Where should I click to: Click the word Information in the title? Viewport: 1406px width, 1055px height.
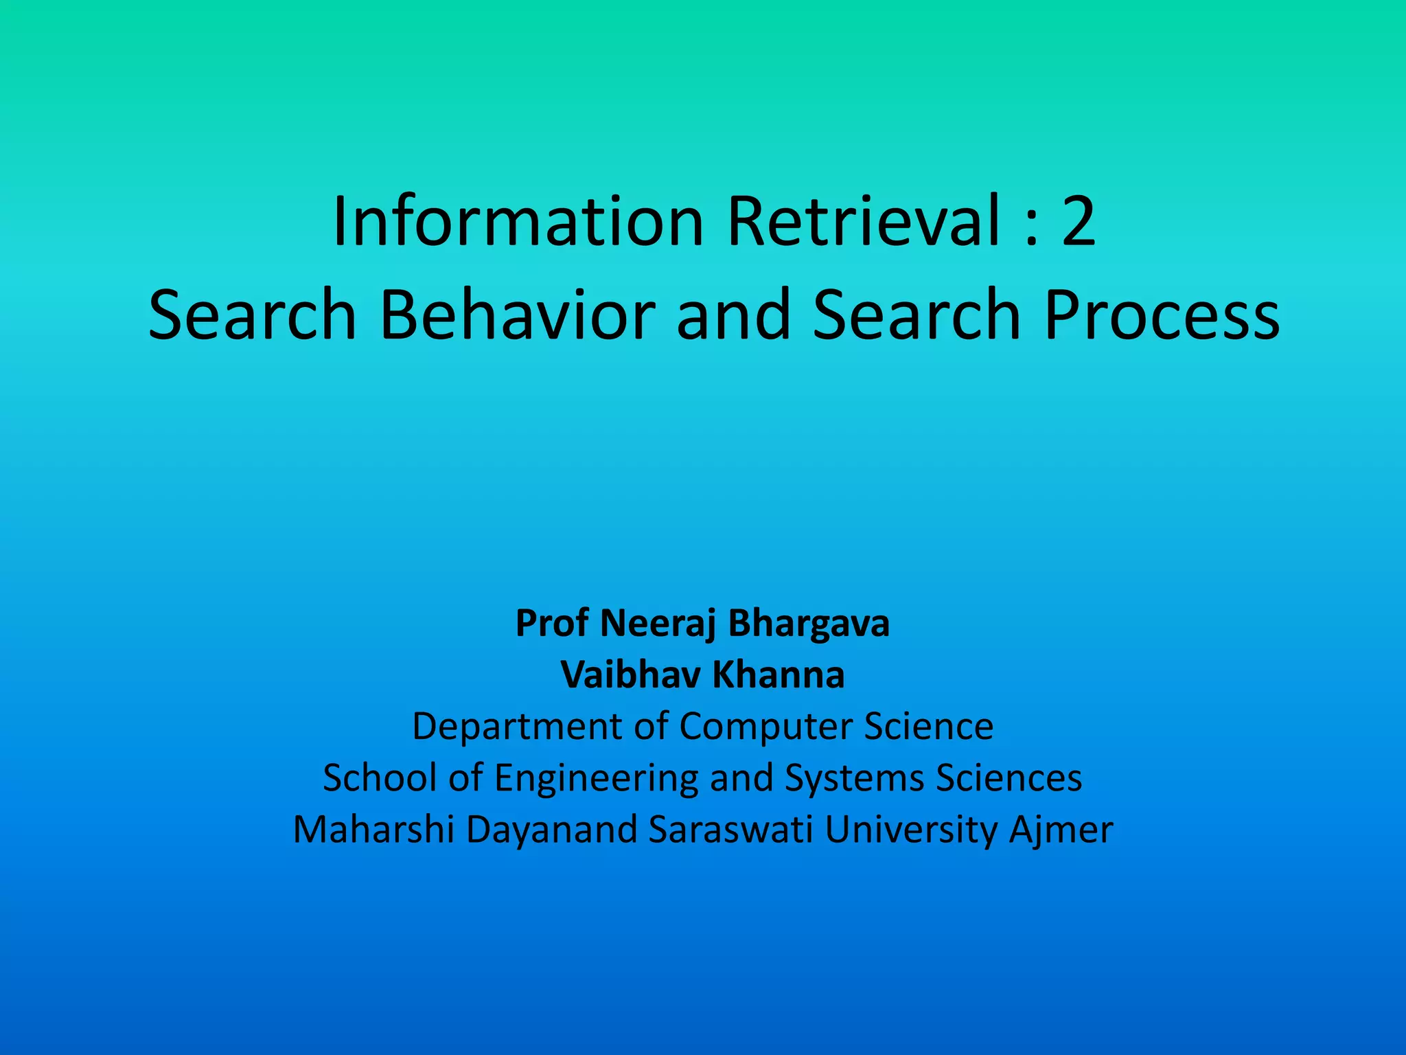pos(518,221)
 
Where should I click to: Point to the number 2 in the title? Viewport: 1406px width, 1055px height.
pos(1079,221)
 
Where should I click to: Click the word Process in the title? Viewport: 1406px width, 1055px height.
pos(1161,314)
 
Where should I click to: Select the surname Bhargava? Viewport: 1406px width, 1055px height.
pos(808,624)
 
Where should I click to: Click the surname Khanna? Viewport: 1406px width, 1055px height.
pos(778,674)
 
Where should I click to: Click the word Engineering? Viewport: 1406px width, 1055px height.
pos(596,778)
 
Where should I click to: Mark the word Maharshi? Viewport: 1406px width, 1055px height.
pos(373,830)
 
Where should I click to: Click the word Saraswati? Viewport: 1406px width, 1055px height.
pos(731,830)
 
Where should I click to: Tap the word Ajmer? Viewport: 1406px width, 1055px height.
pos(1061,830)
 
